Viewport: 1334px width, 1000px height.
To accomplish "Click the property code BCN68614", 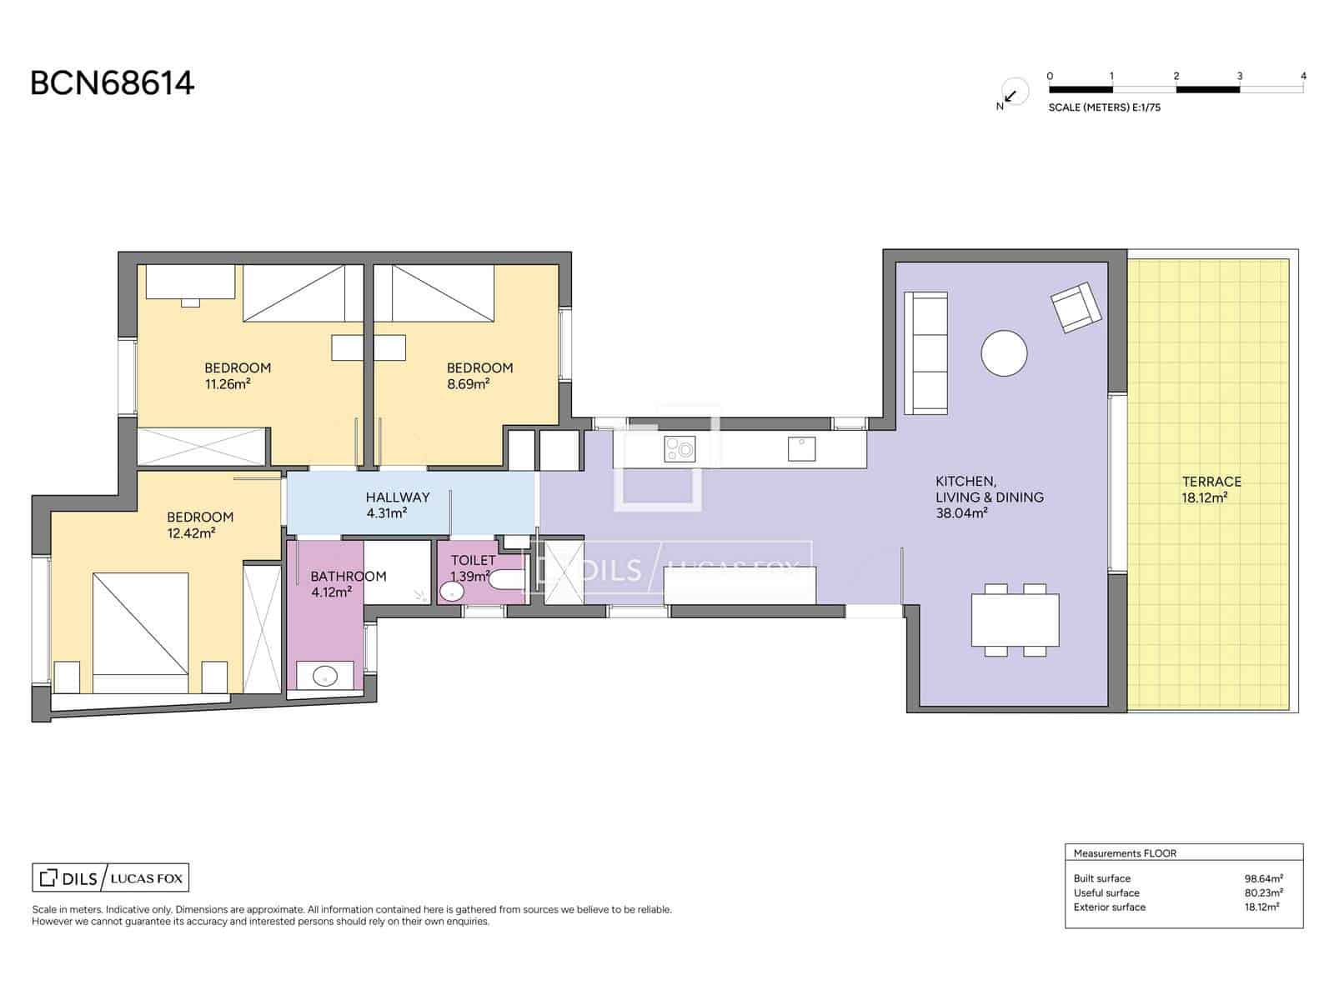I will (x=112, y=83).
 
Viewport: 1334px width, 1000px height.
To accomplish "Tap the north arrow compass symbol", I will (x=1012, y=93).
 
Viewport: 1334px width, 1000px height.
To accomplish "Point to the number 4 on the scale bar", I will (x=1303, y=76).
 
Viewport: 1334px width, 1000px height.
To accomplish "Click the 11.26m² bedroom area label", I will (x=228, y=384).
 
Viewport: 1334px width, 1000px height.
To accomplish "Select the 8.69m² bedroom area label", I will (x=468, y=384).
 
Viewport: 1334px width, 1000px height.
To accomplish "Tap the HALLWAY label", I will (x=398, y=497).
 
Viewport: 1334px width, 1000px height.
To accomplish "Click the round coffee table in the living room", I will (x=1004, y=353).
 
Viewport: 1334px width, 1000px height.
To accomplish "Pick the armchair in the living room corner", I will (x=1076, y=307).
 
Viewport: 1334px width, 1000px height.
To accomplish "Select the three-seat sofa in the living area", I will (x=925, y=353).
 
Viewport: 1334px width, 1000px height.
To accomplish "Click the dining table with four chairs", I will (x=1015, y=620).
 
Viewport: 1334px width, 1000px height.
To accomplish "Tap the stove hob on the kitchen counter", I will (x=680, y=449).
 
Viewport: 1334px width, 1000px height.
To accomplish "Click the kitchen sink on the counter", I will (x=801, y=449).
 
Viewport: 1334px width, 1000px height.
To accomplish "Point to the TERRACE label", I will (x=1211, y=482).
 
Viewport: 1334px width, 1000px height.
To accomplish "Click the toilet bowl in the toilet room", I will (x=506, y=580).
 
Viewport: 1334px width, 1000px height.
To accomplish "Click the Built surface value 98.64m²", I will (x=1263, y=878).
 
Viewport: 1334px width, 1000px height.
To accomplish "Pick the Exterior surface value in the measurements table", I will (x=1261, y=907).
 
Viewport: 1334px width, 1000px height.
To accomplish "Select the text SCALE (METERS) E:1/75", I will (x=1104, y=107).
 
